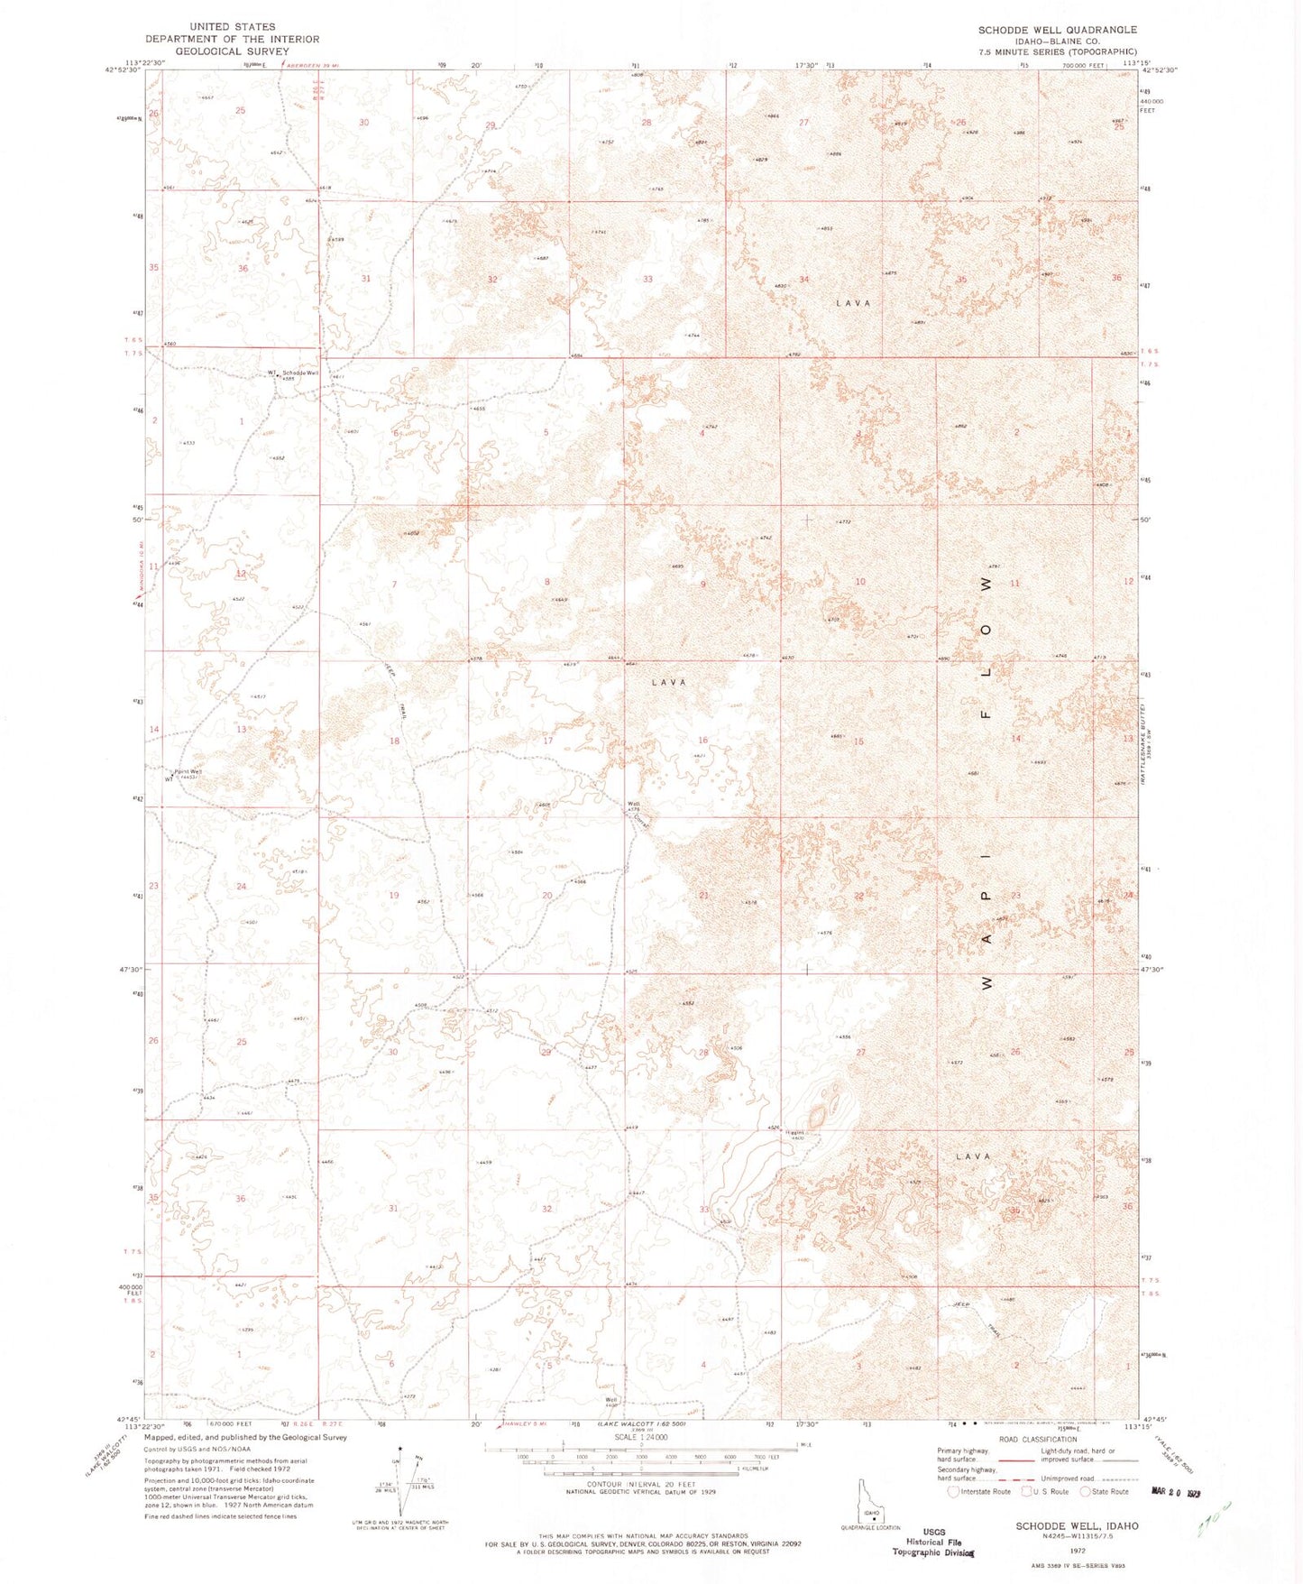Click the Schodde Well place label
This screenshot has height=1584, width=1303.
click(300, 373)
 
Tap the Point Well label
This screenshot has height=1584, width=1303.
click(188, 772)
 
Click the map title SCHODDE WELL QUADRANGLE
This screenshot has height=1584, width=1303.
click(1057, 30)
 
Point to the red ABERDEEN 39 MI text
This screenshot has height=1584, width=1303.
click(316, 64)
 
